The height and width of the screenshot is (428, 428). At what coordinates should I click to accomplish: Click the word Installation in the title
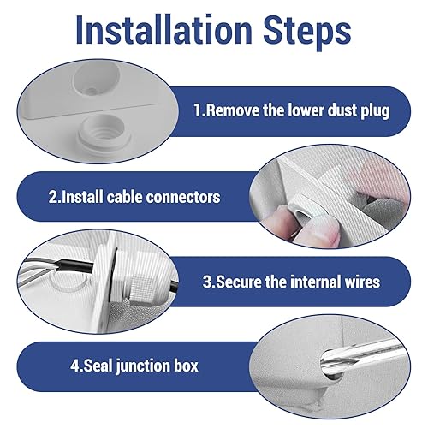pyautogui.click(x=164, y=30)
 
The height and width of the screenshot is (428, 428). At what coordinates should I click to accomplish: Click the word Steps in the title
pyautogui.click(x=307, y=32)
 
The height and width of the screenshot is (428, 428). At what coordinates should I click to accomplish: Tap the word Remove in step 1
pyautogui.click(x=233, y=110)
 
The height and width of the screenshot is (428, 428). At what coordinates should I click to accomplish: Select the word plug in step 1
pyautogui.click(x=375, y=111)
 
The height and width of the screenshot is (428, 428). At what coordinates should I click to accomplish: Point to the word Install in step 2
pyautogui.click(x=82, y=197)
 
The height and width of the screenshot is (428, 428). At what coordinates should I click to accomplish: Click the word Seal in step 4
pyautogui.click(x=98, y=366)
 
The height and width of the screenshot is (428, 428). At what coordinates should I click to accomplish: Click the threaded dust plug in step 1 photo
pyautogui.click(x=104, y=134)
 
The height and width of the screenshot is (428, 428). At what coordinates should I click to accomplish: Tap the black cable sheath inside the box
pyautogui.click(x=74, y=267)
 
